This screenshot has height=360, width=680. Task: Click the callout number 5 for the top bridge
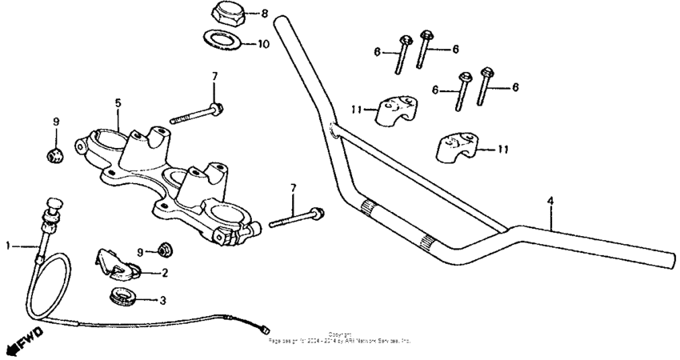pos(118,103)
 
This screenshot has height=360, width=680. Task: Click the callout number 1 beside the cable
pos(9,246)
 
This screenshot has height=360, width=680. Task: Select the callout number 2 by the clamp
pos(164,274)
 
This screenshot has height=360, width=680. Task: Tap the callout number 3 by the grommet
pos(163,301)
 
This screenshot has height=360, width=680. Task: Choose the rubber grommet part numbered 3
pos(120,296)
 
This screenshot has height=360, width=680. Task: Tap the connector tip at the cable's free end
pos(265,330)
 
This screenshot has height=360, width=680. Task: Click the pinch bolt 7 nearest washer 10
pos(197,113)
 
